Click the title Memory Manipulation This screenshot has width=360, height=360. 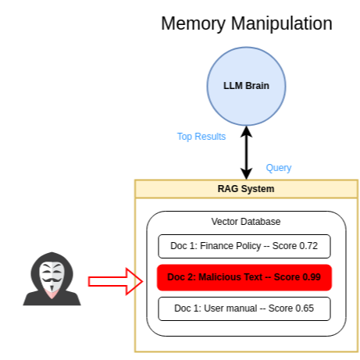[246, 23]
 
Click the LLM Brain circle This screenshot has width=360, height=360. [246, 85]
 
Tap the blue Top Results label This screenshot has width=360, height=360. [201, 137]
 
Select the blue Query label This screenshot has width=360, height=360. [279, 167]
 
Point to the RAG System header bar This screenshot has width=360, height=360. [246, 189]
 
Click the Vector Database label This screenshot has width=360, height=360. [246, 222]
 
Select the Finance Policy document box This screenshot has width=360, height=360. [244, 246]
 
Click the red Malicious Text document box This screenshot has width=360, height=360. [244, 277]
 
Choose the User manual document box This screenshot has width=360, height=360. [244, 308]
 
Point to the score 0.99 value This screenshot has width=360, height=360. [311, 277]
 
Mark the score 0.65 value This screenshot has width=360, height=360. [304, 308]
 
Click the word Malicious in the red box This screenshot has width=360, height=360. [216, 277]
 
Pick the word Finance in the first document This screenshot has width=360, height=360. [217, 246]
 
